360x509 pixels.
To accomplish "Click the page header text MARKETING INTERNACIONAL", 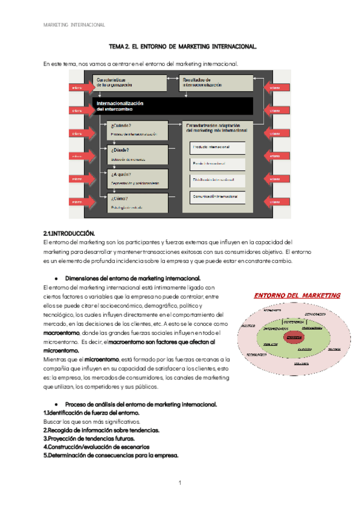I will click(x=75, y=25).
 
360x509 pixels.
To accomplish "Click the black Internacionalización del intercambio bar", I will click(x=174, y=107).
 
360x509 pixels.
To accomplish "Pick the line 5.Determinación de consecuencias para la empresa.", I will click(x=111, y=455).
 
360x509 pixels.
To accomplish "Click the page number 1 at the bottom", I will click(x=180, y=482).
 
